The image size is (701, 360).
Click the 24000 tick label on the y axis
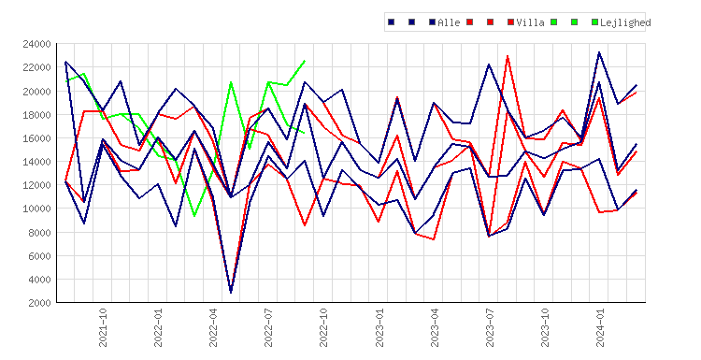point(36,44)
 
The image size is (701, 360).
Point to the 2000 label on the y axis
point(39,303)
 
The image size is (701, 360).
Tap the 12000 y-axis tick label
point(36,185)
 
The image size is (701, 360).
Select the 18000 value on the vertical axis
point(36,114)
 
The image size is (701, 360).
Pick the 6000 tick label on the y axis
point(39,256)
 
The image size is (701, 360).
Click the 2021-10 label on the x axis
point(103,327)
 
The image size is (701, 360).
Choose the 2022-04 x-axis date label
point(213,327)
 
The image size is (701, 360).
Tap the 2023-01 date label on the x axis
point(379,327)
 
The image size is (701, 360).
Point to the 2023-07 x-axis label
point(490,327)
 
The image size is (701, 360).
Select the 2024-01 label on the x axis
point(600,327)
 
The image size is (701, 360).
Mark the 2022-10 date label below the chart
point(323,327)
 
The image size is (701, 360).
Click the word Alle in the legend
point(449,22)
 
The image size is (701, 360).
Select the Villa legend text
point(530,22)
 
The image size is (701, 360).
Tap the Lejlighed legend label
point(625,22)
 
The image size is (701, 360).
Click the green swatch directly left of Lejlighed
point(594,22)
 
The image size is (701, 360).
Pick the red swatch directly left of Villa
point(511,22)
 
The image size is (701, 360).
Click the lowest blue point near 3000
point(231,293)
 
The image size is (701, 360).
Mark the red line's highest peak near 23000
point(508,56)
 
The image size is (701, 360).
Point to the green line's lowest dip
point(194,216)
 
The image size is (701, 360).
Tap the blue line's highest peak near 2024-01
point(599,52)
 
